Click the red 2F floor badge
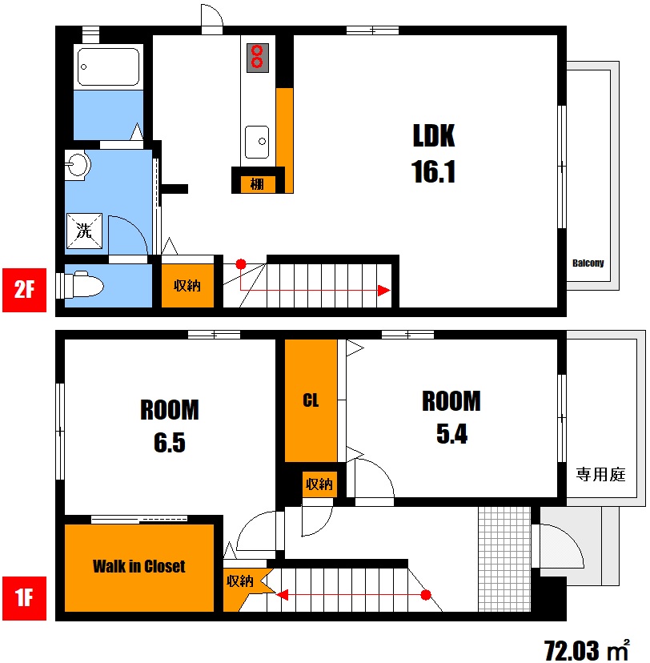(25, 290)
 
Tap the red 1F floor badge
(25, 598)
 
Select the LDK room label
(434, 136)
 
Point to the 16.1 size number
(434, 171)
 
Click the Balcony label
(588, 263)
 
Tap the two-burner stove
(258, 58)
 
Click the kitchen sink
(257, 142)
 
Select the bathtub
(109, 66)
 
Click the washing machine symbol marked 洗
(84, 231)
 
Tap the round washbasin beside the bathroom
(78, 163)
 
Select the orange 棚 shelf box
(258, 184)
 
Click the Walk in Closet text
(139, 566)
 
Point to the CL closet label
(311, 400)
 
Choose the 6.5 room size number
(170, 443)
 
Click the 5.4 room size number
(451, 434)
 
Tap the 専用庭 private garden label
(600, 474)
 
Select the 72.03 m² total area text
(587, 650)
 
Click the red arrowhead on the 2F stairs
(383, 291)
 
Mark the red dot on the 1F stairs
(426, 595)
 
